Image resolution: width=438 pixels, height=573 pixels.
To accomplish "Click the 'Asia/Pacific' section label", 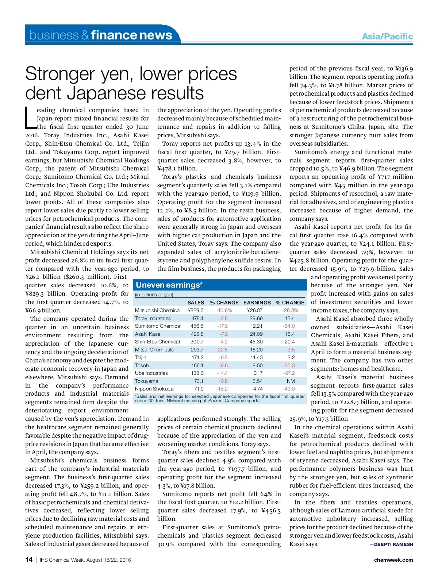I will [x=387, y=36].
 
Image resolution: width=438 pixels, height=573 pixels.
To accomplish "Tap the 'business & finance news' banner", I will [x=100, y=35].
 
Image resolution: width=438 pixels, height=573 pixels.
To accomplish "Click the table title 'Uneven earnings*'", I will [x=169, y=285].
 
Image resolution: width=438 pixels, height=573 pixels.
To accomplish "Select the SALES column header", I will [x=196, y=303].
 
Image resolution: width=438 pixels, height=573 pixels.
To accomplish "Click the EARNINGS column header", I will [x=257, y=303].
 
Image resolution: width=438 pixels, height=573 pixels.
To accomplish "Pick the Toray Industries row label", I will [x=153, y=318].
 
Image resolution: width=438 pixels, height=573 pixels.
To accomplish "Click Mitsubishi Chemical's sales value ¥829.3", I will [x=196, y=310].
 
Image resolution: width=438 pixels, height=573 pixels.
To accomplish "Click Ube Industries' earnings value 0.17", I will [x=258, y=373].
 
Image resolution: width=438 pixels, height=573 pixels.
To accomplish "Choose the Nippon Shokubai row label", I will [x=154, y=389].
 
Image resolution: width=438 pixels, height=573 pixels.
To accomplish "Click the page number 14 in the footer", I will [x=29, y=560].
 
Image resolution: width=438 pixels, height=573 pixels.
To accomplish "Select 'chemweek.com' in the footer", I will [x=393, y=560].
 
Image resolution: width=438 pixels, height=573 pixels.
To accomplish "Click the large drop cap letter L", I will [x=30, y=118].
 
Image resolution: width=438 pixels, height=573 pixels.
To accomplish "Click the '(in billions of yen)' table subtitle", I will [x=154, y=295].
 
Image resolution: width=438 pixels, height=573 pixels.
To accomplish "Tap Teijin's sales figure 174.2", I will [x=197, y=357].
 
